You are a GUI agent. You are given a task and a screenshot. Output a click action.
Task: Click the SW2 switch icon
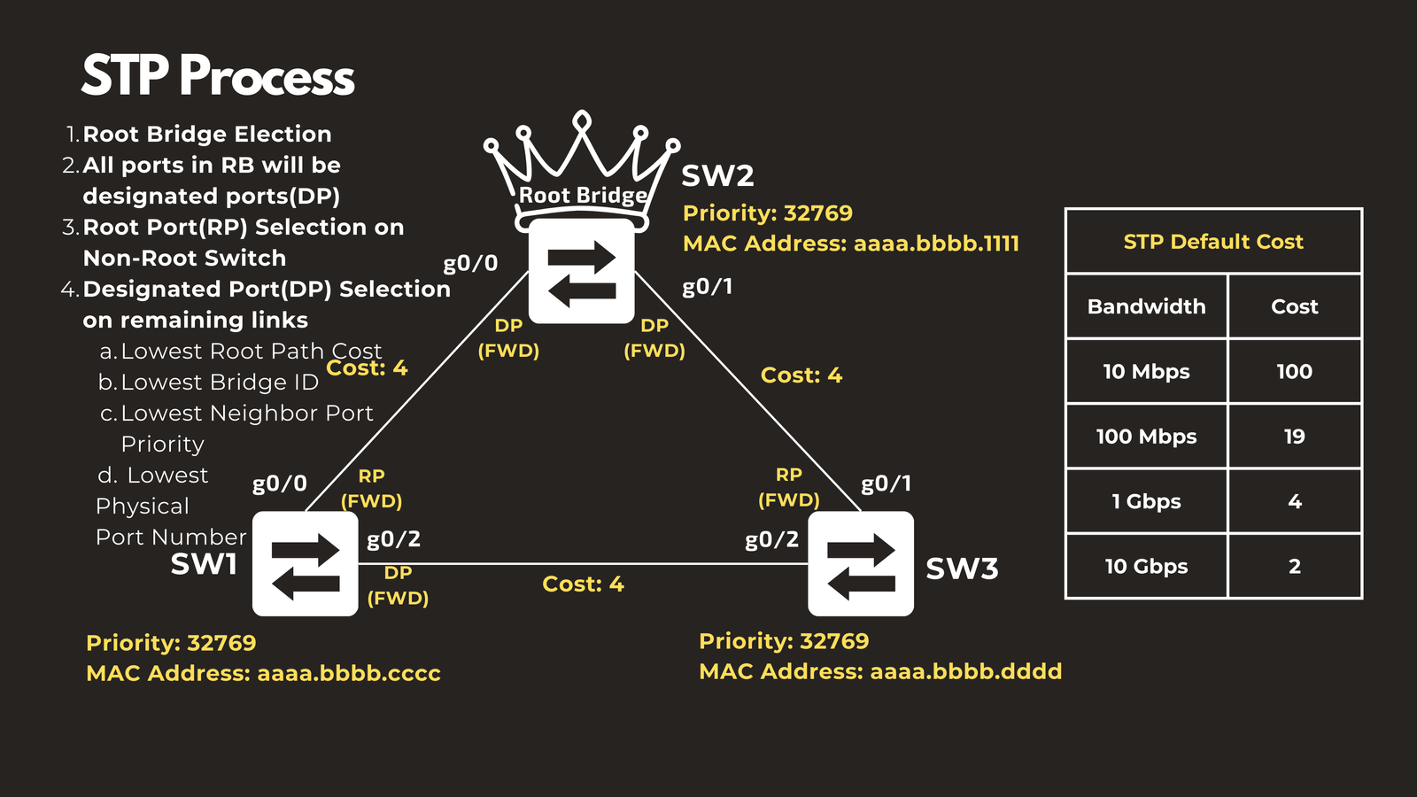pyautogui.click(x=581, y=271)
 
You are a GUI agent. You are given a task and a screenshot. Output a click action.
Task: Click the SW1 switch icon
pyautogui.click(x=305, y=563)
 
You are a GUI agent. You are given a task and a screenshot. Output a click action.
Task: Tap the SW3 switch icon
pyautogui.click(x=861, y=563)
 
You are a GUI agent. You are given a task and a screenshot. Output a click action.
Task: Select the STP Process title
pyautogui.click(x=218, y=76)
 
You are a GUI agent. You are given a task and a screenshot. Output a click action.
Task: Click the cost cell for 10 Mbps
pyautogui.click(x=1294, y=372)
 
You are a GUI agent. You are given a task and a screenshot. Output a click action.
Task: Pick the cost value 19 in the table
pyautogui.click(x=1294, y=437)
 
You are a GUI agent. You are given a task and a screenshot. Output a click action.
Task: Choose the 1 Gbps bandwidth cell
pyautogui.click(x=1146, y=501)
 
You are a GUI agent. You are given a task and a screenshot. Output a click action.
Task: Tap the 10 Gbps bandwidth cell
pyautogui.click(x=1146, y=567)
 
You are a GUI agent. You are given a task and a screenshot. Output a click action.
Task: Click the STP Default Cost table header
pyautogui.click(x=1213, y=242)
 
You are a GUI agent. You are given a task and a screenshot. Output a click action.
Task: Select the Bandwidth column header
pyautogui.click(x=1146, y=306)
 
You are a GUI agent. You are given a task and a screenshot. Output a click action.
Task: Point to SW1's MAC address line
pyautogui.click(x=263, y=674)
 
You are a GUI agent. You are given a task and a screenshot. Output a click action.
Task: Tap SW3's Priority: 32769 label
pyautogui.click(x=784, y=641)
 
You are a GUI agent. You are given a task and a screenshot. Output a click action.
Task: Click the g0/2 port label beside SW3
pyautogui.click(x=771, y=539)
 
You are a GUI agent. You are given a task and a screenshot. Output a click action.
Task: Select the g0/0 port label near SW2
pyautogui.click(x=470, y=263)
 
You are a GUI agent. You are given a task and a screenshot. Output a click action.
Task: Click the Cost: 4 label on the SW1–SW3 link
pyautogui.click(x=583, y=584)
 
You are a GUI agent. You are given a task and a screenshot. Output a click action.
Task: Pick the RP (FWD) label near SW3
pyautogui.click(x=788, y=488)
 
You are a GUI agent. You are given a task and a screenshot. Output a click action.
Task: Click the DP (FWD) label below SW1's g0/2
pyautogui.click(x=398, y=585)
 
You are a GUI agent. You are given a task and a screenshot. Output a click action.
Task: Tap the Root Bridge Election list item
pyautogui.click(x=206, y=135)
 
